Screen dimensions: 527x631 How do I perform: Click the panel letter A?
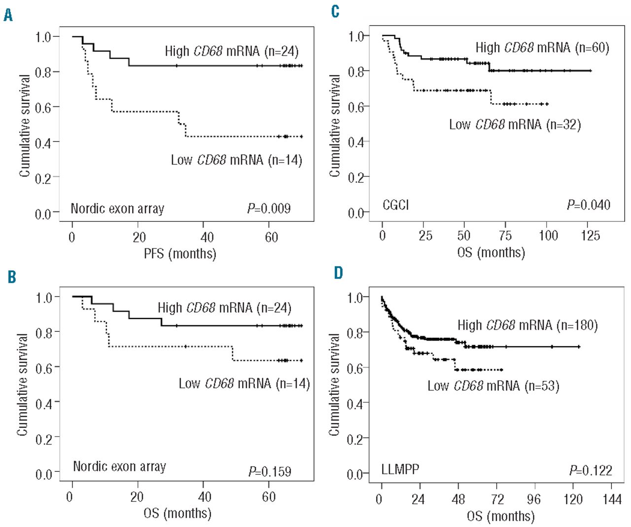pyautogui.click(x=8, y=15)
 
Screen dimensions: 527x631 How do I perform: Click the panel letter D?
pyautogui.click(x=338, y=273)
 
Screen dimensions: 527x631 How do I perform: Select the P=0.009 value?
pyautogui.click(x=269, y=209)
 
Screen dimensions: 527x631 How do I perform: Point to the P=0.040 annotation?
pyautogui.click(x=588, y=205)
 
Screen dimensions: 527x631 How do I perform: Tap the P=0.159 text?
pyautogui.click(x=270, y=472)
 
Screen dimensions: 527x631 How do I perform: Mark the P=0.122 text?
pyautogui.click(x=591, y=470)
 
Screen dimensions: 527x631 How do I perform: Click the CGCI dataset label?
pyautogui.click(x=395, y=205)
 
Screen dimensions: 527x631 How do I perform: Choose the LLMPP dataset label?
pyautogui.click(x=400, y=469)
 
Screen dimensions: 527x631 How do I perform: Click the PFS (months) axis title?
pyautogui.click(x=179, y=253)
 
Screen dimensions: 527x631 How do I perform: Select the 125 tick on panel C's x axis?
pyautogui.click(x=590, y=236)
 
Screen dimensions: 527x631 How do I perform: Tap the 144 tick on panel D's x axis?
pyautogui.click(x=611, y=499)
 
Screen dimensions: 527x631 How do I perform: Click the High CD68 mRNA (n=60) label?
pyautogui.click(x=542, y=47)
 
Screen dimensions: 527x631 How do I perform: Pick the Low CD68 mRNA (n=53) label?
pyautogui.click(x=493, y=386)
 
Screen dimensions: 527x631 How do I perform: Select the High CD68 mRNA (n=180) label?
pyautogui.click(x=527, y=325)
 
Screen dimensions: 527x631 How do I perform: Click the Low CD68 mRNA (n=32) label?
pyautogui.click(x=515, y=124)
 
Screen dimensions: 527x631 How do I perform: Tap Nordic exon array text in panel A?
pyautogui.click(x=117, y=209)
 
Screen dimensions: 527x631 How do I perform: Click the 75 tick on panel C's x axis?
pyautogui.click(x=505, y=236)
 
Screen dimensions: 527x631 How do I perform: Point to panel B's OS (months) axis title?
pyautogui.click(x=177, y=513)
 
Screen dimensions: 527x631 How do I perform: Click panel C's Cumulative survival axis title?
pyautogui.click(x=335, y=126)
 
